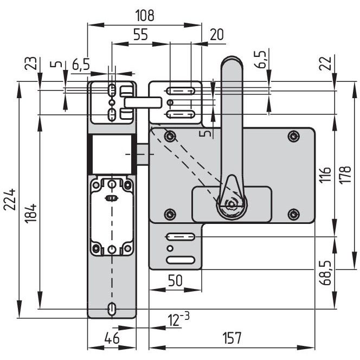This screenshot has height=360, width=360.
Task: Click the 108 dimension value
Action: click(x=145, y=15)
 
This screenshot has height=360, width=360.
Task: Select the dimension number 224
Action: click(x=10, y=200)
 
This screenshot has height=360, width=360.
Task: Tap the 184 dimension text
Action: click(x=31, y=214)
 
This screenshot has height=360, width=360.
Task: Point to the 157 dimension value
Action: click(x=232, y=338)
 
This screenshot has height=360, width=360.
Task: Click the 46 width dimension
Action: click(x=112, y=338)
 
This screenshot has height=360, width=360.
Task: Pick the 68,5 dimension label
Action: click(x=326, y=273)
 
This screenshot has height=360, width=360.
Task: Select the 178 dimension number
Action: click(x=345, y=175)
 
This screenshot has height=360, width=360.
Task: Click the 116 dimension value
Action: click(x=325, y=175)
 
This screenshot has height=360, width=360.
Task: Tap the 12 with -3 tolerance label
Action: click(x=178, y=319)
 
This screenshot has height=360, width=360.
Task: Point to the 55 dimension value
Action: click(x=141, y=35)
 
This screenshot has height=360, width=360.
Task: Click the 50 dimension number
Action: click(x=175, y=280)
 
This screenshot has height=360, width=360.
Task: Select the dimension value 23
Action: click(x=30, y=63)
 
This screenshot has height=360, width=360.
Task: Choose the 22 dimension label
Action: click(x=325, y=63)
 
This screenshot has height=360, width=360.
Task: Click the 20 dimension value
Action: click(x=216, y=35)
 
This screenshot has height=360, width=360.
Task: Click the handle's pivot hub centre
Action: click(x=232, y=204)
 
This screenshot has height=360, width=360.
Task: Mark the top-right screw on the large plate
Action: click(x=293, y=137)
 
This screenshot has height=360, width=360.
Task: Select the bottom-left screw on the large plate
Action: click(x=170, y=215)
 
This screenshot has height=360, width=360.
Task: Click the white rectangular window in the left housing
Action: click(x=112, y=155)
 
